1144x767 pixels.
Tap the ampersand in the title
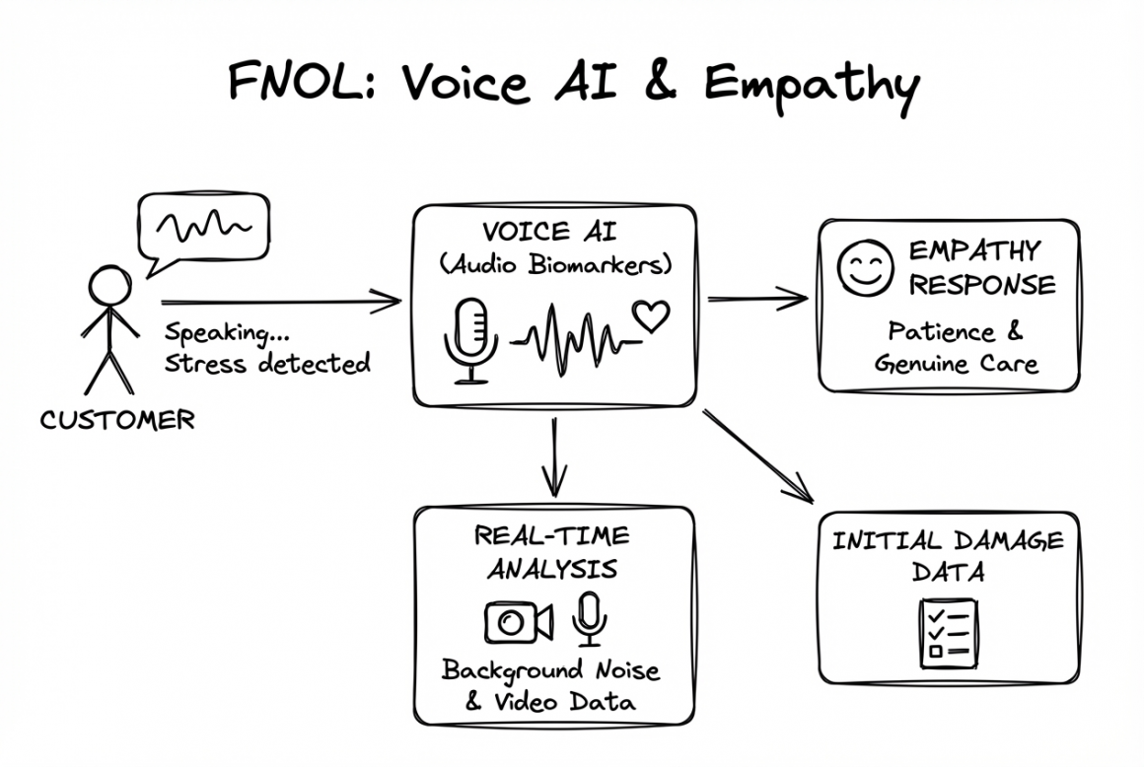662,83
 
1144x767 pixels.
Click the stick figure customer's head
109,288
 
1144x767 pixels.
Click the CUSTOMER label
117,421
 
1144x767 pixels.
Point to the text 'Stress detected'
267,363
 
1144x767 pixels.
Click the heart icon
651,315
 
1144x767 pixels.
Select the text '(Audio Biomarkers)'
555,265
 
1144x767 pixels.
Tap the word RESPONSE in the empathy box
981,285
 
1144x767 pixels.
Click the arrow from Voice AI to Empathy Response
757,297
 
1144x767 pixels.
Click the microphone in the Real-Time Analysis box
591,618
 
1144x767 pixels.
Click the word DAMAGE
1008,540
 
